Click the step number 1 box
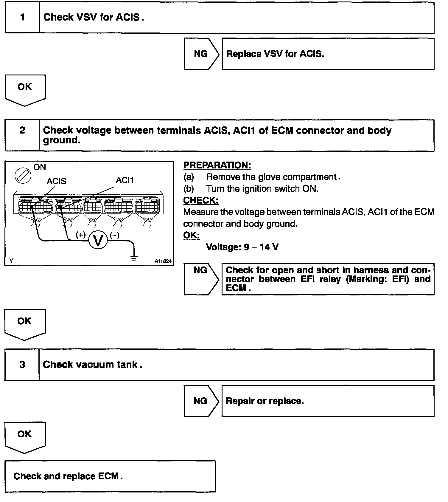(22, 18)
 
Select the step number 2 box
(22, 135)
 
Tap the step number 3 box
(22, 365)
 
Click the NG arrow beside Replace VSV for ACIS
(202, 54)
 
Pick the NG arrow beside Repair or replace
(201, 401)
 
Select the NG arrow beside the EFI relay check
(201, 279)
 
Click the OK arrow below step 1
(25, 90)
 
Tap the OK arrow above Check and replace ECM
(25, 437)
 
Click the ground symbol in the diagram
(134, 258)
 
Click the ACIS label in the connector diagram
(56, 181)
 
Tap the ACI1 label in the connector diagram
(125, 180)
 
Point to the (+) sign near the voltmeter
(81, 235)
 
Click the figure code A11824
(163, 261)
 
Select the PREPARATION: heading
(217, 165)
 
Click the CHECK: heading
(201, 200)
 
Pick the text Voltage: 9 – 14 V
(242, 247)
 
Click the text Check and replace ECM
(68, 476)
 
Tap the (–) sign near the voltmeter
(115, 235)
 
